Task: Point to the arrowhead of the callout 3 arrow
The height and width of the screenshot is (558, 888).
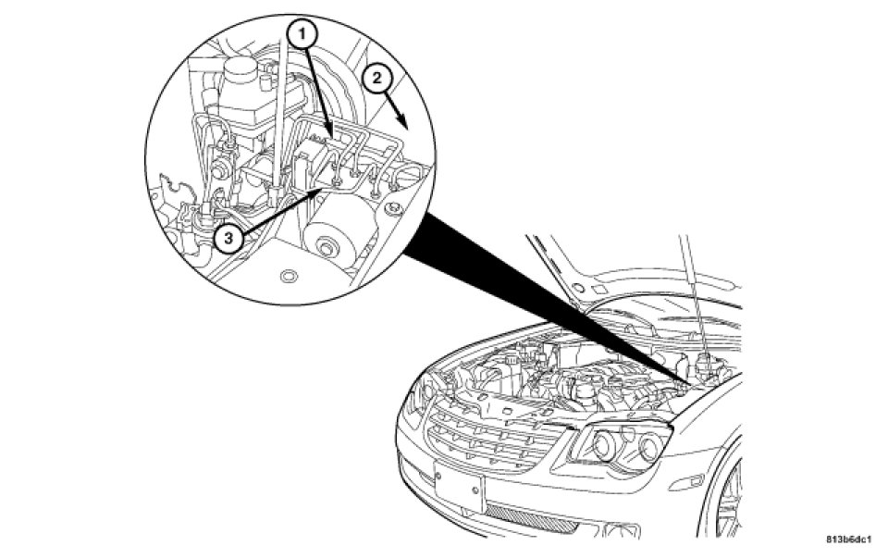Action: click(326, 185)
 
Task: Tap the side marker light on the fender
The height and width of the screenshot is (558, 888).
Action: click(734, 485)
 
